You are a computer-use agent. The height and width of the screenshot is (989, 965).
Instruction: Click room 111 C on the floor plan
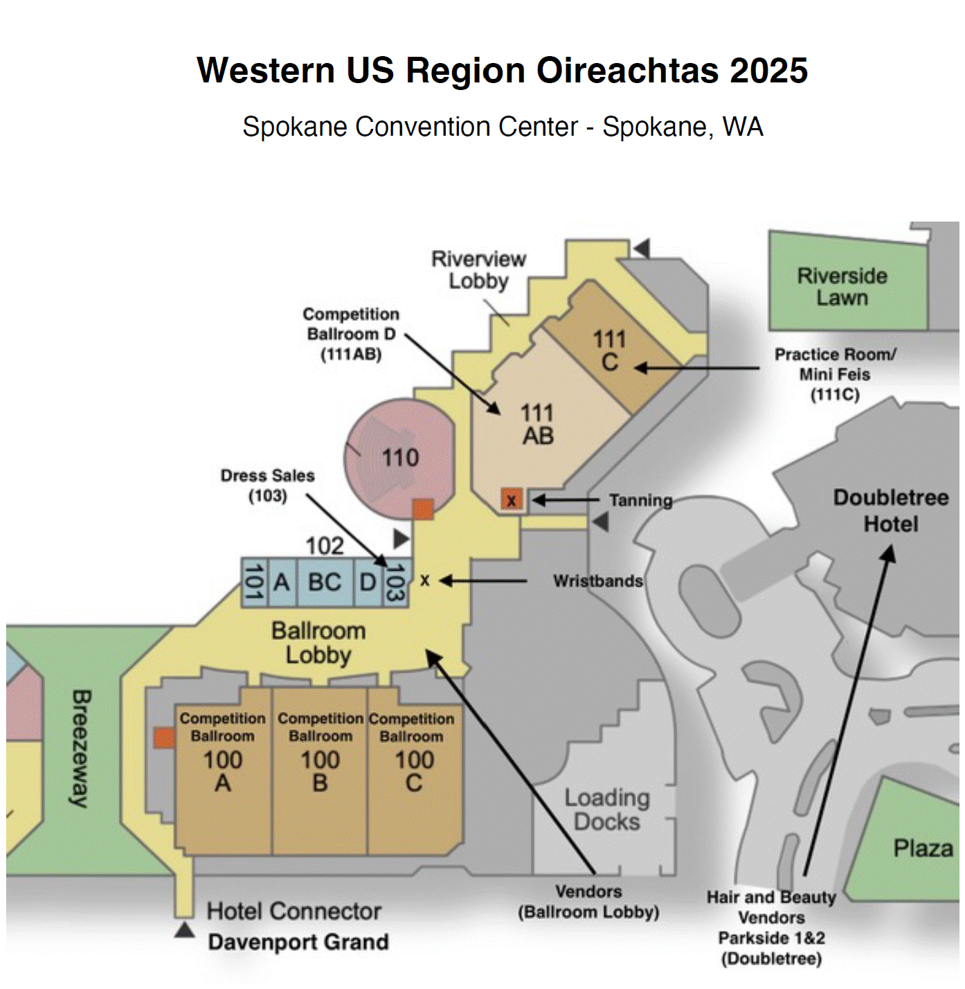point(609,350)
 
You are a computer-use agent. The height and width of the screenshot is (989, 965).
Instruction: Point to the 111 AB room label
point(538,425)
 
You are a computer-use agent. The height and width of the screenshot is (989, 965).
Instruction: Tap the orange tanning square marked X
point(512,499)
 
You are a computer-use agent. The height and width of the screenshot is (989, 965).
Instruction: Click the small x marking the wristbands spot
point(425,580)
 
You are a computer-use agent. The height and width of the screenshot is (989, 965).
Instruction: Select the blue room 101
point(253,582)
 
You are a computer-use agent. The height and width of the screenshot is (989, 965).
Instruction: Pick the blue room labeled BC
point(325,582)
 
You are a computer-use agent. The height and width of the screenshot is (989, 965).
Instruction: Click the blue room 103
point(395,582)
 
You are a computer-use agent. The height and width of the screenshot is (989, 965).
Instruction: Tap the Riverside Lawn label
point(842,287)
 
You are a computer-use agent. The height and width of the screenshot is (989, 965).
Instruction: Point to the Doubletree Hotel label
point(891,510)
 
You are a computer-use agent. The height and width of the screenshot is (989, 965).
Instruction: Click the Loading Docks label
point(607,810)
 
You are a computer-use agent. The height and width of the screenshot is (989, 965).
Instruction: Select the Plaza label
point(923,848)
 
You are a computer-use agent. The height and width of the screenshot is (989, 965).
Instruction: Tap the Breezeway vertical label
point(81,748)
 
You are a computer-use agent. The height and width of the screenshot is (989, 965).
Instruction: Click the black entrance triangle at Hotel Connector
point(184,929)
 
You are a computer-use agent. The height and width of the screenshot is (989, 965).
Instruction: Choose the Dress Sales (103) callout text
point(268,485)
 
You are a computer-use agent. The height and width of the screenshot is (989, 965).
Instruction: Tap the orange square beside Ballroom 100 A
point(164,738)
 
